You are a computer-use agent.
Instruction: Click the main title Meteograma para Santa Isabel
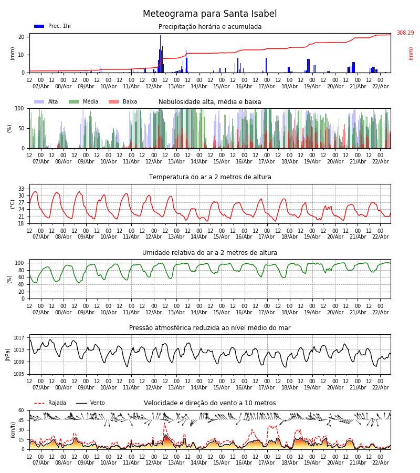210,14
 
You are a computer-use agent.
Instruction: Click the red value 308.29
405,33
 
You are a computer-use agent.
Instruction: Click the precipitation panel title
210,27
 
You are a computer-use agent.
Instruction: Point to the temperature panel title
210,177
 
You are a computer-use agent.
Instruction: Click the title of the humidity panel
210,253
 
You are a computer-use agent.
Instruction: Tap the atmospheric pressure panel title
210,328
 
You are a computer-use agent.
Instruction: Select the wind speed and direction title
210,403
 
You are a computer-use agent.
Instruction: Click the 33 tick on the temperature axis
21,189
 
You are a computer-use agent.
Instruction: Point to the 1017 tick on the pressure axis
19,338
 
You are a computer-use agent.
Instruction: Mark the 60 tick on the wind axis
21,410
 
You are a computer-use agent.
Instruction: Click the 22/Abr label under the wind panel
380,462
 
